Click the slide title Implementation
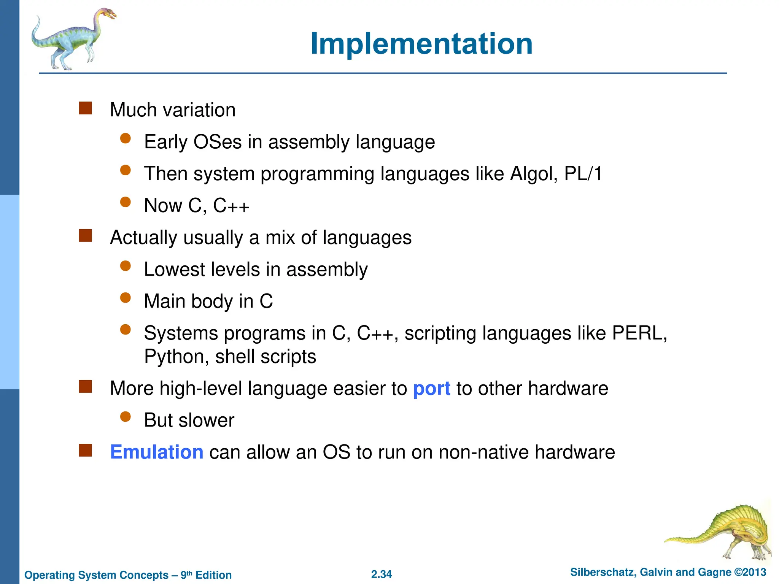(x=421, y=44)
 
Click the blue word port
(x=431, y=389)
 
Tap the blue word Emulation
(x=156, y=452)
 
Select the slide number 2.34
(x=381, y=574)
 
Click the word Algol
(x=533, y=174)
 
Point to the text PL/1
(x=583, y=174)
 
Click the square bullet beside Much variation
(x=86, y=108)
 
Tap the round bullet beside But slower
(x=125, y=417)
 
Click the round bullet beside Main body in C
(x=125, y=297)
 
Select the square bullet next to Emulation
(x=86, y=450)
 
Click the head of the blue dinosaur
(x=108, y=14)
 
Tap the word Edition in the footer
(x=213, y=575)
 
